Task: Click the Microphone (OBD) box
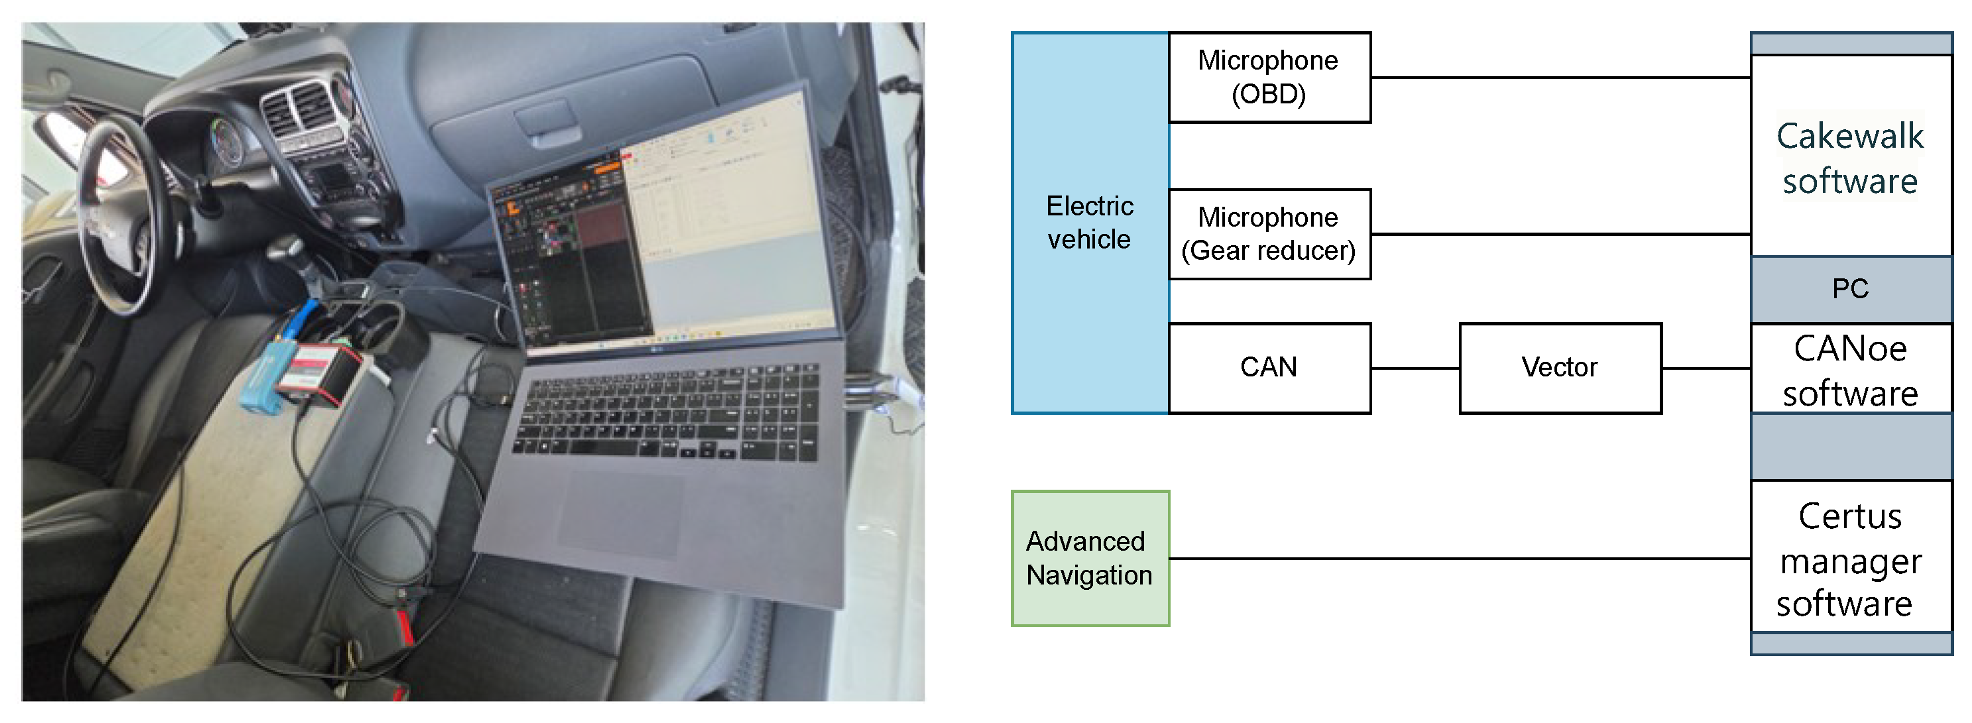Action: [x=1269, y=78]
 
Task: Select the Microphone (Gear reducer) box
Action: [x=1269, y=234]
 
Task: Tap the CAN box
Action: [x=1269, y=368]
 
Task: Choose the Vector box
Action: [x=1560, y=368]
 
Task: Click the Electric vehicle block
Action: [x=1089, y=223]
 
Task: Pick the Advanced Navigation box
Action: [x=1089, y=559]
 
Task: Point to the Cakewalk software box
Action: [x=1849, y=156]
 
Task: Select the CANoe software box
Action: [x=1849, y=370]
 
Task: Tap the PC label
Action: [x=1849, y=288]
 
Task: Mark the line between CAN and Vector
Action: [x=1415, y=368]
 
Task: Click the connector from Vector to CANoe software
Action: [x=1706, y=368]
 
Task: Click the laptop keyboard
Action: [x=666, y=413]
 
